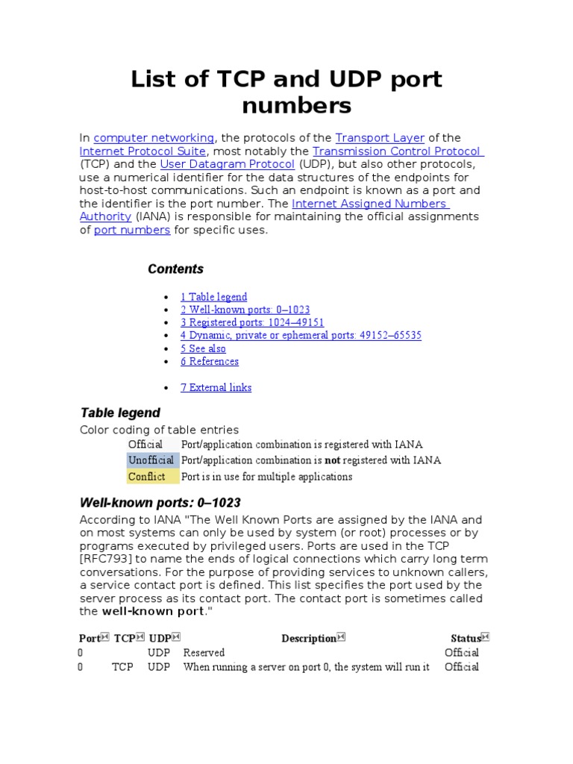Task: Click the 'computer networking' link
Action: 154,138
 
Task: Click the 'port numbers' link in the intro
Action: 132,230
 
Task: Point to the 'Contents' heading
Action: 175,269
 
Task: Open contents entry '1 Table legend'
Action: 213,297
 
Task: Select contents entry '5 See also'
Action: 203,348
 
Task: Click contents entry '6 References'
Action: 210,361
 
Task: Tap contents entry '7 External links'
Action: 216,387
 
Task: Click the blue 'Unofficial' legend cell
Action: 151,460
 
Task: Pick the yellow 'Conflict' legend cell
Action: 147,477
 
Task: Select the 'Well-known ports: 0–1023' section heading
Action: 160,502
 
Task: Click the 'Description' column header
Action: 308,638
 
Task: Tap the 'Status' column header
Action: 466,638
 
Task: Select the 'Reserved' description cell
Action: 204,653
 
